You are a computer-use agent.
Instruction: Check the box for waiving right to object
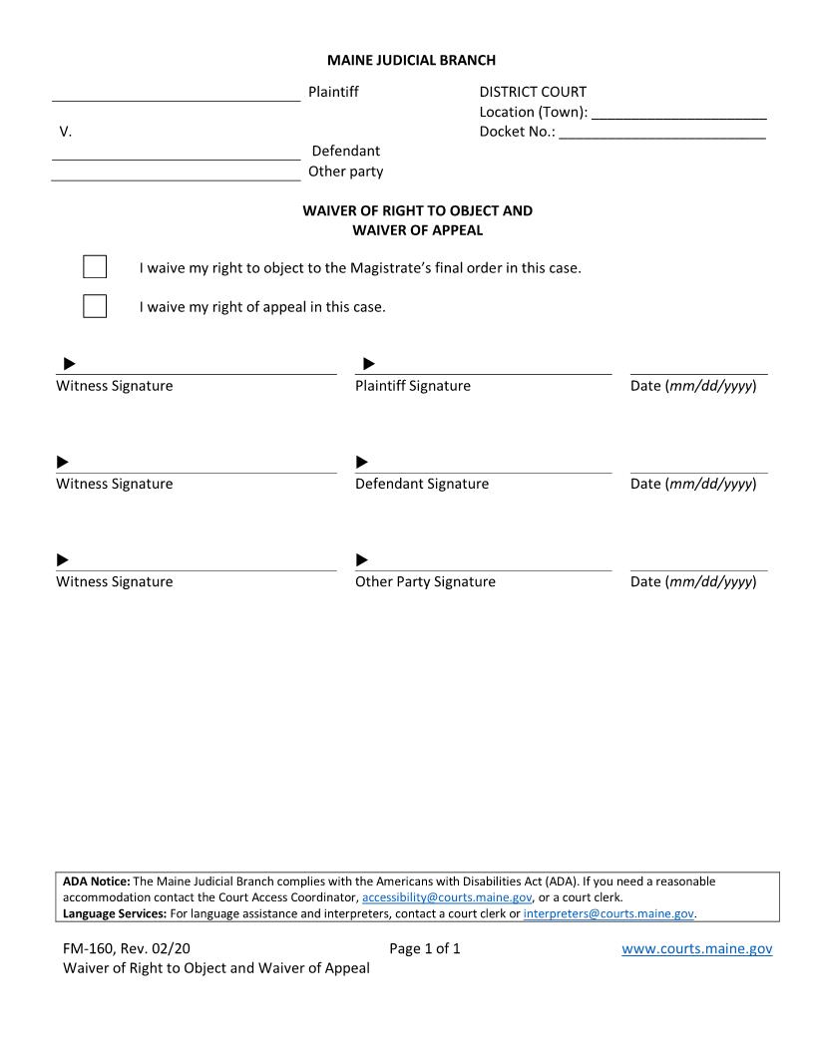tap(95, 267)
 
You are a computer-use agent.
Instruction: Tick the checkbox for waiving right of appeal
tap(95, 306)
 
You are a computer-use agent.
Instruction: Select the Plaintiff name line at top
tap(176, 94)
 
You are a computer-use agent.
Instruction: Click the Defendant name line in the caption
tap(176, 153)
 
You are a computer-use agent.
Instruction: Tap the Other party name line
tap(176, 173)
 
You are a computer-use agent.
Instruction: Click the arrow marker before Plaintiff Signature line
tap(368, 364)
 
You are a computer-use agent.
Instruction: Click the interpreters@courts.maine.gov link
tap(608, 913)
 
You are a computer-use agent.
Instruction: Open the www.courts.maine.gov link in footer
tap(696, 949)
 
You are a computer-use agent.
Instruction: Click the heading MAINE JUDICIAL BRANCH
tap(411, 61)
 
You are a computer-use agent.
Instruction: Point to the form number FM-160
tap(89, 949)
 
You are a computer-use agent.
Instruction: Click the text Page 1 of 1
tap(425, 949)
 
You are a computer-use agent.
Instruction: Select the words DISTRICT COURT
tap(533, 92)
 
